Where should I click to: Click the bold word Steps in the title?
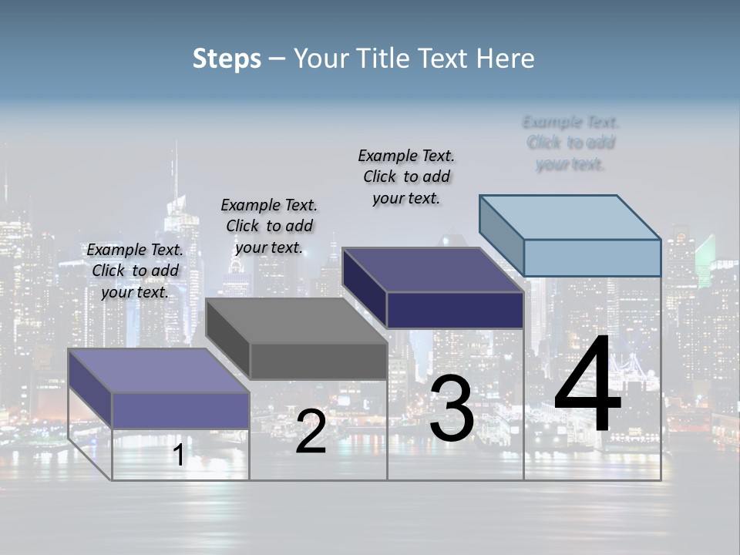[227, 59]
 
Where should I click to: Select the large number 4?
[587, 385]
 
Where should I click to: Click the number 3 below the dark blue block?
[452, 409]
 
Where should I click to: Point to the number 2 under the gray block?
[311, 432]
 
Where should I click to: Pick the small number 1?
[178, 455]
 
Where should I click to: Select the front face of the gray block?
[318, 361]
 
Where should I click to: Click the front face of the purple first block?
[180, 410]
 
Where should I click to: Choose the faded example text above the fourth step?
[570, 143]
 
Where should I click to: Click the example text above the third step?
[406, 177]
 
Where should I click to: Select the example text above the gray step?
[269, 226]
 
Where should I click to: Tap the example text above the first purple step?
[135, 271]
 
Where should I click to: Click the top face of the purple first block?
[158, 370]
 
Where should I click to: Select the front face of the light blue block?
[592, 257]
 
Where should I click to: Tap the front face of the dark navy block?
[455, 310]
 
